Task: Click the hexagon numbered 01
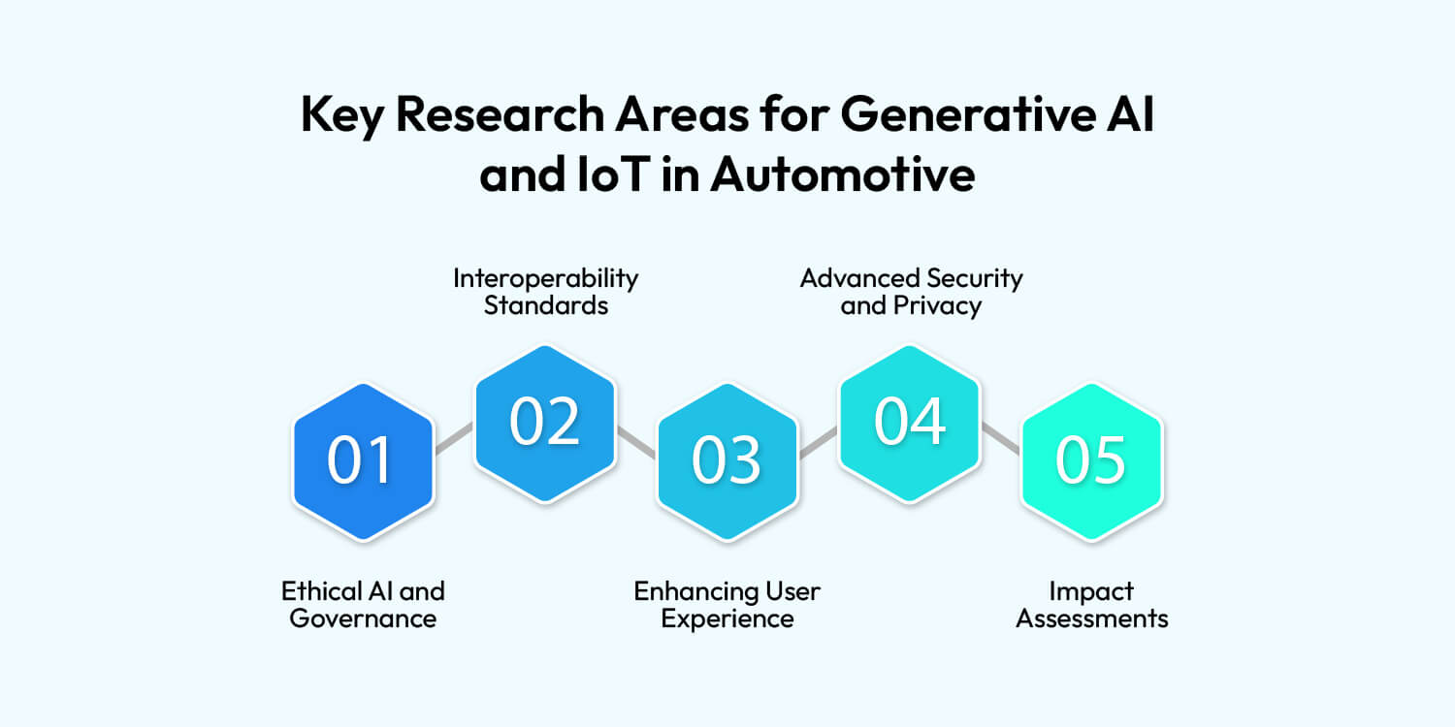click(x=362, y=461)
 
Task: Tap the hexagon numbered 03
click(x=727, y=461)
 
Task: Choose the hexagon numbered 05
click(x=1091, y=461)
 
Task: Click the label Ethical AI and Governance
click(x=363, y=604)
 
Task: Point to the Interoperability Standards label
click(x=545, y=292)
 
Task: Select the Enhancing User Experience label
click(x=727, y=604)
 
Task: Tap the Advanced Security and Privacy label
click(x=911, y=292)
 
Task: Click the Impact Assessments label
click(x=1091, y=604)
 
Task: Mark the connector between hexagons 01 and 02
click(x=453, y=439)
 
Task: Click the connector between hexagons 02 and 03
click(x=635, y=440)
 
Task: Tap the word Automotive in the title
click(x=842, y=175)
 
